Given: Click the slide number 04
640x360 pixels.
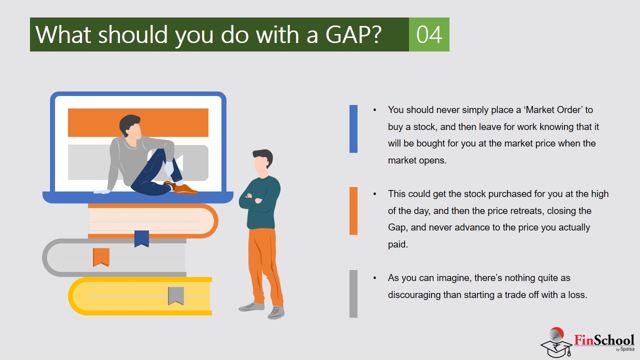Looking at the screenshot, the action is pos(429,35).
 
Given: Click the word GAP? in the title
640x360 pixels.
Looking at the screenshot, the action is pos(353,35).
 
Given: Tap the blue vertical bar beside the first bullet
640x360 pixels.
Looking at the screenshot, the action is pos(353,129).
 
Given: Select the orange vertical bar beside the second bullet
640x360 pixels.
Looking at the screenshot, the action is pos(353,211).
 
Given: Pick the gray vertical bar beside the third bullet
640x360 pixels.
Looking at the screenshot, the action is pos(353,293).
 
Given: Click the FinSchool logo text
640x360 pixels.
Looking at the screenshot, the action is pos(604,340).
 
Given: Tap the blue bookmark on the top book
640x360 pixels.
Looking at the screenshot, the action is pos(141,238).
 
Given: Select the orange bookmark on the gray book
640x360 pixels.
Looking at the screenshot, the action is pos(101,257).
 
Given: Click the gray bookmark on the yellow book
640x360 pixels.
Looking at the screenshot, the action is pos(175,295).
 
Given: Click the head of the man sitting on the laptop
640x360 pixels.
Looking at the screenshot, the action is pos(130,126).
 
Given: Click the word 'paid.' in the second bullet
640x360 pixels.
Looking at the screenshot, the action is pos(397,244).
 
